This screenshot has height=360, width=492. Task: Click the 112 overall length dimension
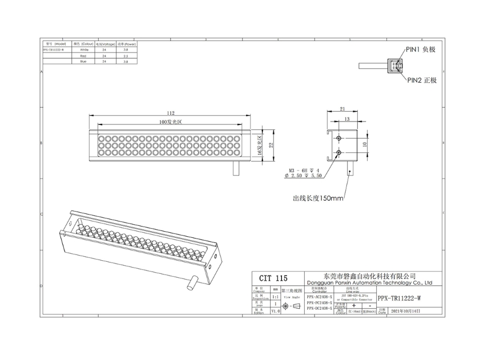coord(170,113)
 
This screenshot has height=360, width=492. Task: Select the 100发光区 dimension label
coord(170,123)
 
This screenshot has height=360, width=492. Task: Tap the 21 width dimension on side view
coord(342,108)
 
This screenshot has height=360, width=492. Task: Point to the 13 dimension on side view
coord(347,119)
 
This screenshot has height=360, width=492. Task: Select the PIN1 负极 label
coord(421,50)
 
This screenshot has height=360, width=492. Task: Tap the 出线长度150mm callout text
coord(318,199)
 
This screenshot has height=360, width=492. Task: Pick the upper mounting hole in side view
coord(339,138)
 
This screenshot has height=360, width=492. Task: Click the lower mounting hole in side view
coord(339,153)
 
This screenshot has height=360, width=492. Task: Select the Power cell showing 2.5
coord(126,56)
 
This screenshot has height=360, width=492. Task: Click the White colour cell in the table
coord(83,50)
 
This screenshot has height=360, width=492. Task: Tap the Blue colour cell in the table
coord(83,62)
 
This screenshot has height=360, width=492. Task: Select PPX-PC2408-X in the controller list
coord(319,302)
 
